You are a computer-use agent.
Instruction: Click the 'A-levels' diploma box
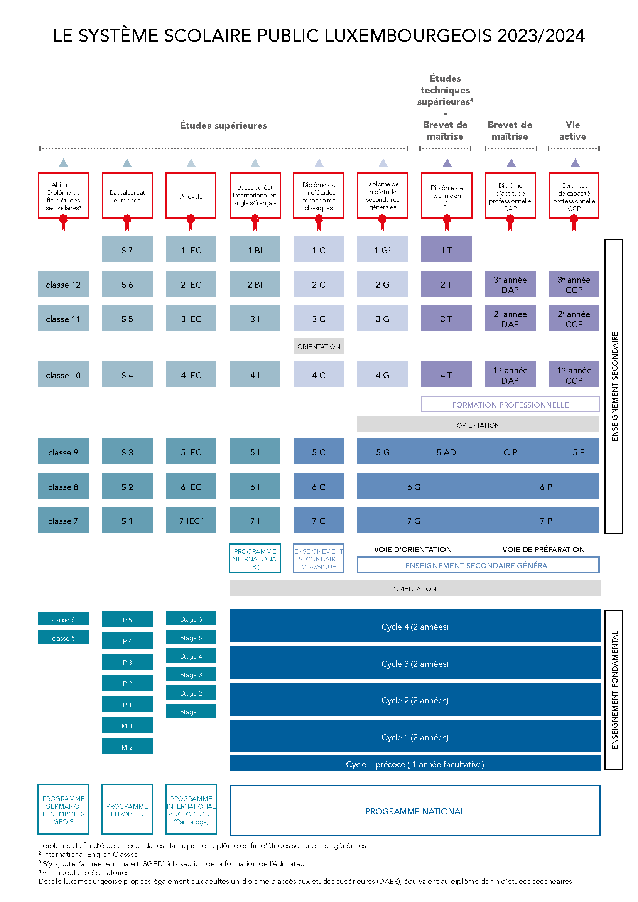[x=191, y=196]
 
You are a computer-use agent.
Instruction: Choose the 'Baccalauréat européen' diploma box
[x=127, y=196]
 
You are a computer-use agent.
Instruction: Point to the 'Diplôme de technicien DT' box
[x=447, y=196]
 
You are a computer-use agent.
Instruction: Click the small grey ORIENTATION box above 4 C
[x=319, y=346]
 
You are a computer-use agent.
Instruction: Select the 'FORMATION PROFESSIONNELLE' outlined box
[x=510, y=404]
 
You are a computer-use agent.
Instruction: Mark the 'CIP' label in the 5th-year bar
[x=510, y=452]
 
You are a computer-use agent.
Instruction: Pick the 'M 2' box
[x=127, y=747]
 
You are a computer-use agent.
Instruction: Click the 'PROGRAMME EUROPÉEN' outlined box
[x=127, y=809]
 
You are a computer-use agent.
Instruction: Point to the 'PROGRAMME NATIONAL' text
[x=415, y=811]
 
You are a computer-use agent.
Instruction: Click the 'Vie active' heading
[x=573, y=130]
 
